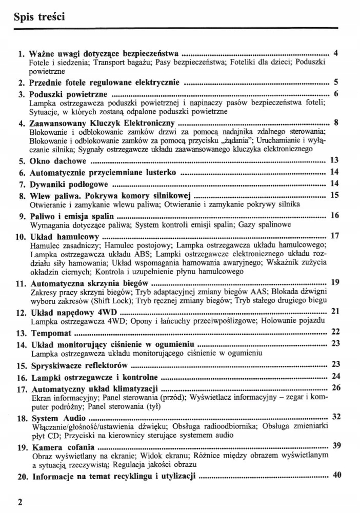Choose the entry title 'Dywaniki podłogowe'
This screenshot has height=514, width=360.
69,183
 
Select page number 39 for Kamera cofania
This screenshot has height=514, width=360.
336,445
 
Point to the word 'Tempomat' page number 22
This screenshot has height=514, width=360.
336,332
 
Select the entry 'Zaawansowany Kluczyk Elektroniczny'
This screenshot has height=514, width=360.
103,124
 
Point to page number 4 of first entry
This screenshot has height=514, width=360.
335,53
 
